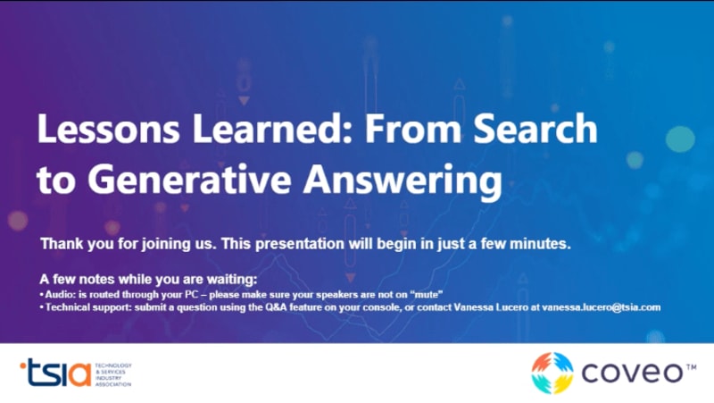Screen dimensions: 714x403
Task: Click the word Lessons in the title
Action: coord(108,129)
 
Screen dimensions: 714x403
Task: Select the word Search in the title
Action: coord(535,129)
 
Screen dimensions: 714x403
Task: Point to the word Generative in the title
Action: coord(189,180)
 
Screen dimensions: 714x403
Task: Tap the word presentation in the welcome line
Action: coord(300,244)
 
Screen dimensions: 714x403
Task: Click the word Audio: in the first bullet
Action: coord(60,295)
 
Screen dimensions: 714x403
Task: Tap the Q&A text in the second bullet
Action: coord(277,307)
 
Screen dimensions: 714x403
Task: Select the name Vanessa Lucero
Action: coord(491,307)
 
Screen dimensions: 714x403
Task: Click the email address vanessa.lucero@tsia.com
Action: coord(601,307)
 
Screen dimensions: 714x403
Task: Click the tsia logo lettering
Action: coord(55,373)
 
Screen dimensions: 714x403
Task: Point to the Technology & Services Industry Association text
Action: coord(113,374)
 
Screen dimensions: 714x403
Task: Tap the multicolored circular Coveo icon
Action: coord(552,373)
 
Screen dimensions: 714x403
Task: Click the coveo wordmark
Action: coord(632,373)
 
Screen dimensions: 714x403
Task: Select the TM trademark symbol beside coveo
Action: coord(691,366)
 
